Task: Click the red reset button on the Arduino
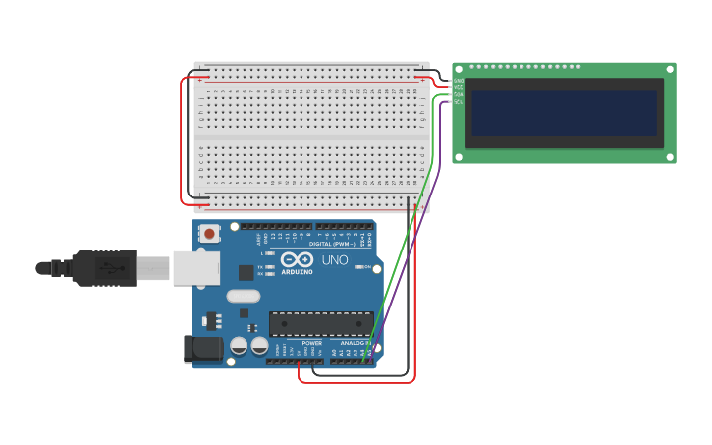209,234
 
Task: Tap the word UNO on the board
335,260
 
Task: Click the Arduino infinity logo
296,261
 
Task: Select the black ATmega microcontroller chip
321,323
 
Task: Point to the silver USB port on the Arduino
195,268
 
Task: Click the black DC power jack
203,348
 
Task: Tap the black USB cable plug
103,267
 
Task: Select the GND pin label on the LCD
459,81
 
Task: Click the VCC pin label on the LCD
459,87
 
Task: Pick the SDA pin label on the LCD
459,94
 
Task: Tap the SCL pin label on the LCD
459,101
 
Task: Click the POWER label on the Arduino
311,343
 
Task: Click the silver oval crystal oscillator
243,296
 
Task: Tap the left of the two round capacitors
239,346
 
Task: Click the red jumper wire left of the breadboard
182,138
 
